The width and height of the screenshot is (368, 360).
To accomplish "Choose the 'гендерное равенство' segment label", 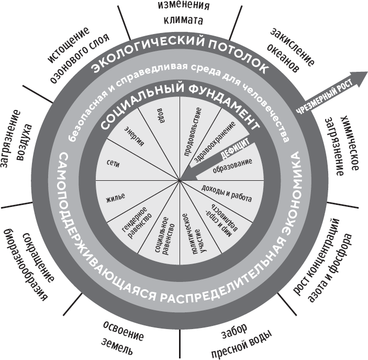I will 138,223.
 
